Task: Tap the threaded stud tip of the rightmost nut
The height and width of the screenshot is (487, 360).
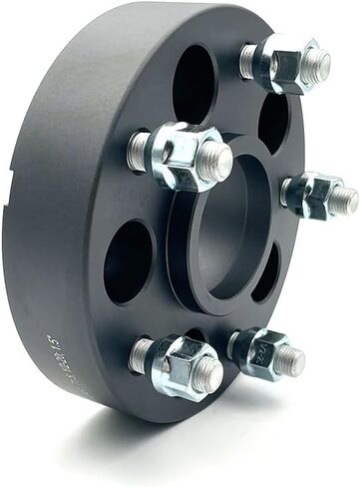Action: point(343,199)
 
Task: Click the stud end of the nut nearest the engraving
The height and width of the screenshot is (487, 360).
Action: point(207,373)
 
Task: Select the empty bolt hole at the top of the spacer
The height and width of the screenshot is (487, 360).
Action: point(193,85)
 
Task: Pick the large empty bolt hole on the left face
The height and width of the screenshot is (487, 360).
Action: point(128,261)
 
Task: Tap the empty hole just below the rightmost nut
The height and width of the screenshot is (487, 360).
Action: point(267,271)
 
